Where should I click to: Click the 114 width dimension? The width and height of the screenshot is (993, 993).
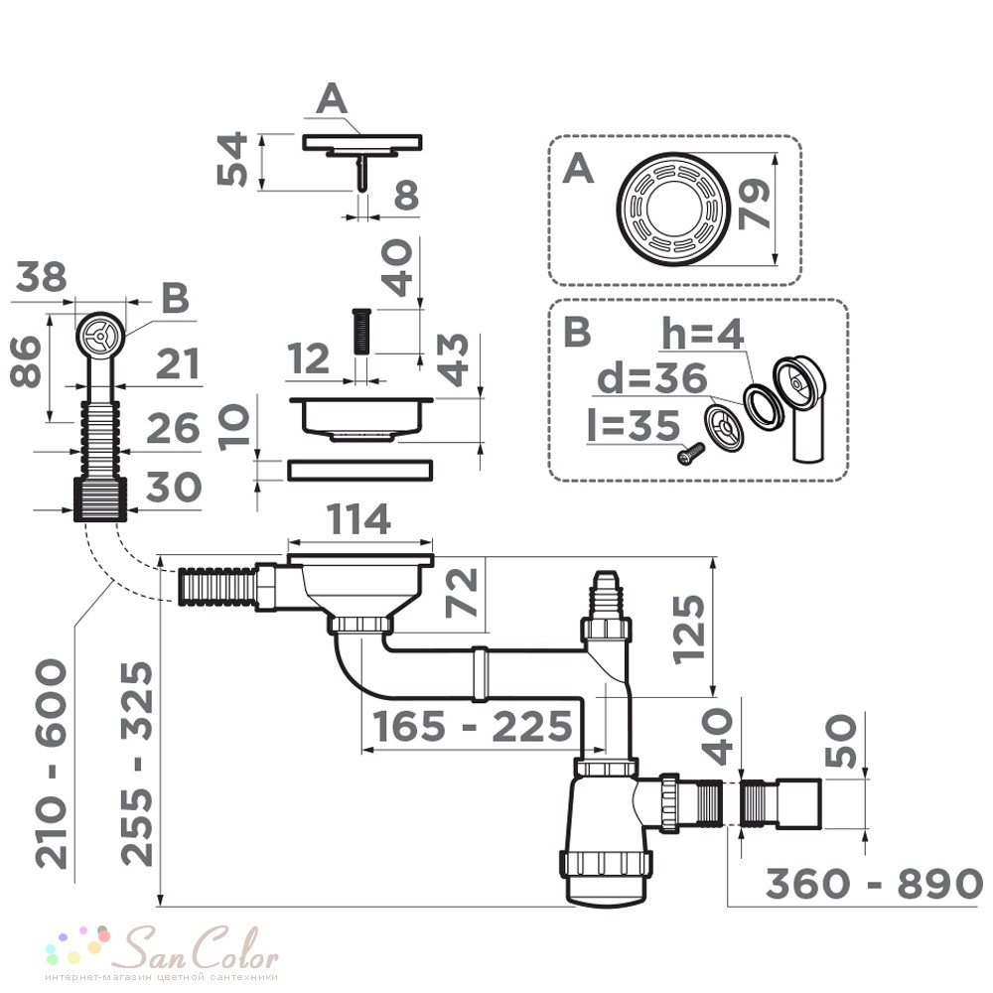tap(359, 520)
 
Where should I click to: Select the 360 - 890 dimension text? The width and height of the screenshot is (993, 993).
tap(874, 884)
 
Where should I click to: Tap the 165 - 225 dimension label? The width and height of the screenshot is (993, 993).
tap(473, 726)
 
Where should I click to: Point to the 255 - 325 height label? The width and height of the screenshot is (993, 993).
tap(137, 764)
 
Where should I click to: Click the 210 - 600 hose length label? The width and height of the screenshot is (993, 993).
tap(51, 764)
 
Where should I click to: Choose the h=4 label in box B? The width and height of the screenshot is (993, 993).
tap(702, 334)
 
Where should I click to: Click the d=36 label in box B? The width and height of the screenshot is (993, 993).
tap(652, 378)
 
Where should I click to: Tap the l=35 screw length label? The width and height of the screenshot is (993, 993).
tap(634, 425)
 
